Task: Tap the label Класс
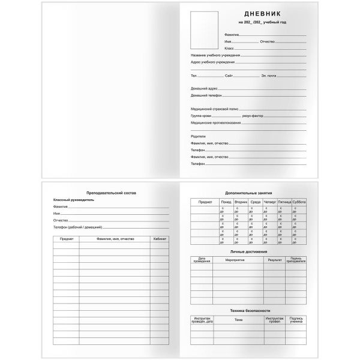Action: click(229, 48)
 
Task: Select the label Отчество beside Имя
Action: click(268, 42)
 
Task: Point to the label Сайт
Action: click(229, 76)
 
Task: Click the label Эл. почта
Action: click(269, 76)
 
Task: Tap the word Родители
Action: click(198, 136)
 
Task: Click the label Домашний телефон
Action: click(206, 95)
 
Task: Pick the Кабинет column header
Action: click(160, 239)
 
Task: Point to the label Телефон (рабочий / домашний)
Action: click(77, 227)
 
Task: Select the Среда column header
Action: click(256, 203)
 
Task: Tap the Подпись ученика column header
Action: click(296, 320)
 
